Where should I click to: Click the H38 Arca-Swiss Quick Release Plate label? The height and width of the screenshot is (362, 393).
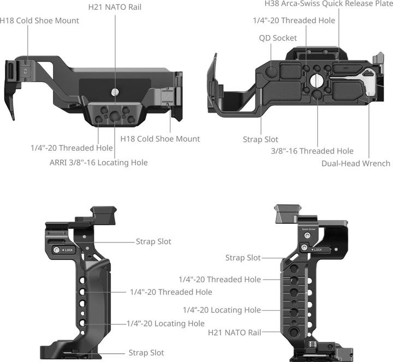coord(328,3)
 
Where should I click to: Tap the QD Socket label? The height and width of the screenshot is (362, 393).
coord(278,38)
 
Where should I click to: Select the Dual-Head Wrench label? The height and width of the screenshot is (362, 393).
coord(356,163)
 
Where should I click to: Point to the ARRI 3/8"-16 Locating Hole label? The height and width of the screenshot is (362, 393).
coord(98,162)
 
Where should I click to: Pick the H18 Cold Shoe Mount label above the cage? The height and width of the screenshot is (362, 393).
coord(39,21)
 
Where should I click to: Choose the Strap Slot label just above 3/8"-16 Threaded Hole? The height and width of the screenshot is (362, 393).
coord(260,140)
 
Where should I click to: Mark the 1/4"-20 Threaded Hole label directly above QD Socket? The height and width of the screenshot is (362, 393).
coord(294,21)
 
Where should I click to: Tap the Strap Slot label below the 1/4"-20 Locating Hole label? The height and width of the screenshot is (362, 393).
coord(146,353)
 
